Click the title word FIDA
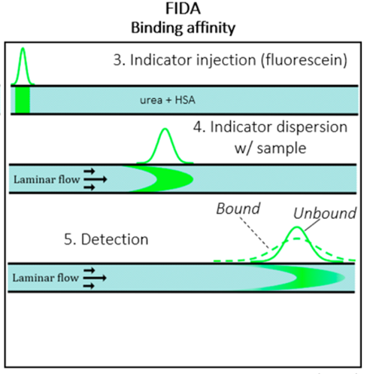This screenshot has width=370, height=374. pos(183,8)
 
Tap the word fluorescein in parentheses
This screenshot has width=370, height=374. pos(304,60)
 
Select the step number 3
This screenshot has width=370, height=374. pos(118,60)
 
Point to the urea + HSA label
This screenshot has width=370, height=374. pos(168,100)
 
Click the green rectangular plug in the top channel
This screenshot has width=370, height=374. pos(23,100)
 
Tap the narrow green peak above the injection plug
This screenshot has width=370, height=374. pos(23,65)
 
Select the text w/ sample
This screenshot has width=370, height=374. pos(270,148)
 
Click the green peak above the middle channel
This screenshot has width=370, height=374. pos(165,145)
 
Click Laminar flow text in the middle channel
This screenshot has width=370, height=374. pos(47,180)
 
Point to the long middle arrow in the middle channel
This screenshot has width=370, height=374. pos(96,179)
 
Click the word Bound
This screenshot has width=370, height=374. pos(238,208)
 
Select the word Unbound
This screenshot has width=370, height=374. pos(325,214)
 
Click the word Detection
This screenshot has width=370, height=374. pos(115,239)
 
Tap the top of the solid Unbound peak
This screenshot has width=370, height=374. pos(297,227)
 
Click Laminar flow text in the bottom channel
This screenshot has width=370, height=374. pos(46,278)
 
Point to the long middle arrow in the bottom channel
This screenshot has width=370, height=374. pos(95,278)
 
